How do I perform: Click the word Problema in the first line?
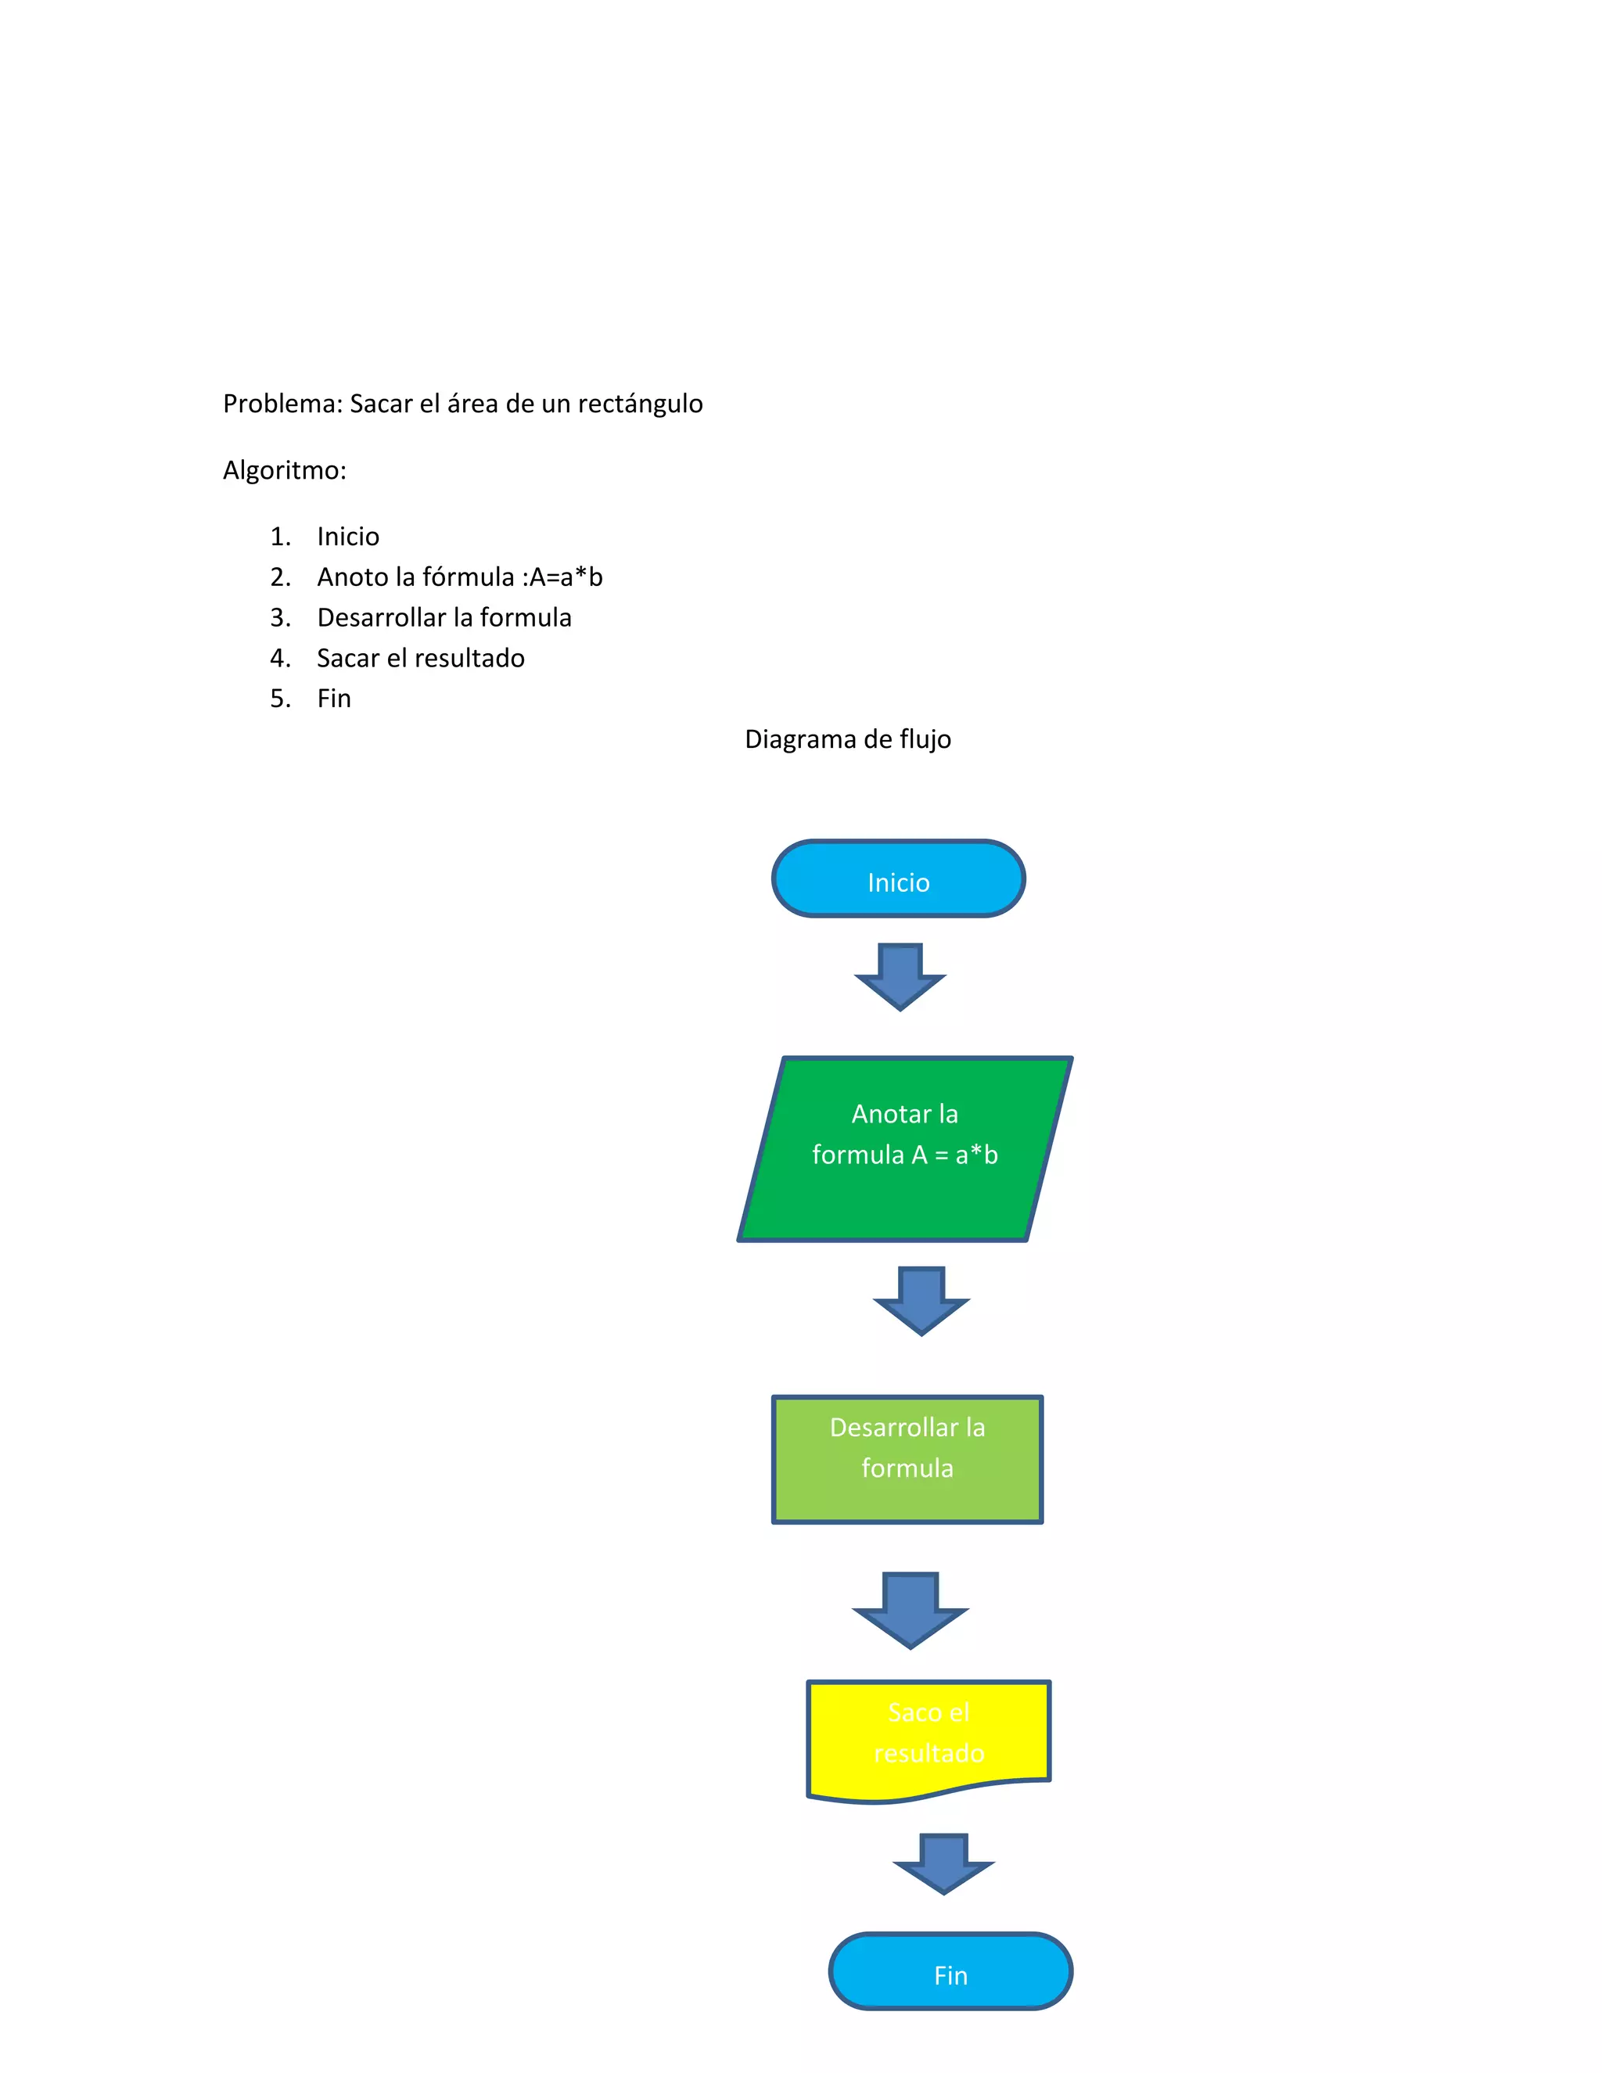click(x=281, y=404)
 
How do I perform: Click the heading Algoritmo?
click(x=285, y=471)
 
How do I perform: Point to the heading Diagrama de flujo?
click(x=847, y=739)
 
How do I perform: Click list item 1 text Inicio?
click(x=348, y=537)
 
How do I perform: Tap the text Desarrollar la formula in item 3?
click(x=444, y=618)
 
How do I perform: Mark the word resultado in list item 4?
click(x=476, y=659)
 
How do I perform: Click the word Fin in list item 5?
click(x=334, y=699)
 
